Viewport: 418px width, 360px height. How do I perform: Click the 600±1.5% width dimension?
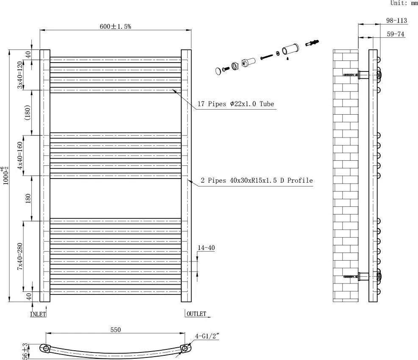[x=115, y=26]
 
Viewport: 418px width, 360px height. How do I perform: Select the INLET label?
[x=38, y=314]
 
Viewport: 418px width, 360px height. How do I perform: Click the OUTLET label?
[x=196, y=314]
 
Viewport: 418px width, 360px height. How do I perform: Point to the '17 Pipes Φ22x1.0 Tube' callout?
[x=237, y=104]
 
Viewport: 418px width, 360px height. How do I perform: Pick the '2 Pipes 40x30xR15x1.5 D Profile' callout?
[x=257, y=181]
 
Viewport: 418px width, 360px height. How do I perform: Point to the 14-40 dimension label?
[x=207, y=248]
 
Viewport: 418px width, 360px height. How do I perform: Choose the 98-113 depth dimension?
[x=396, y=20]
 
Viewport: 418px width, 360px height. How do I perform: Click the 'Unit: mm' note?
[x=404, y=3]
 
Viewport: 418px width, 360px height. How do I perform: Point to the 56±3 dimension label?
[x=25, y=351]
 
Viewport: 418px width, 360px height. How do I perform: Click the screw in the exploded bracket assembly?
[x=266, y=56]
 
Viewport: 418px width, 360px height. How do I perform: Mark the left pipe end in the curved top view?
[x=46, y=349]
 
